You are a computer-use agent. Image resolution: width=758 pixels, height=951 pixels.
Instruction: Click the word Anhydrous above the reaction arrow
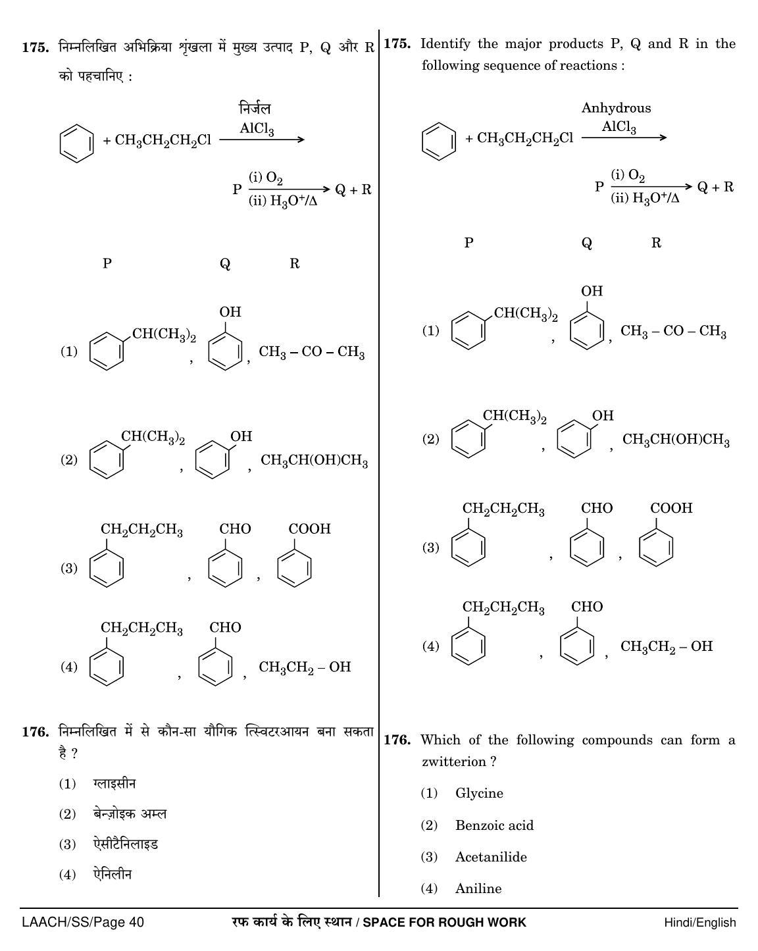[x=616, y=109]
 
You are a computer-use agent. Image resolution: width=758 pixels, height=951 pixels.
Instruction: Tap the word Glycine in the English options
[x=479, y=793]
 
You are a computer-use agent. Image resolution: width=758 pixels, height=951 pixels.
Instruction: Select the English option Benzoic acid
[x=495, y=825]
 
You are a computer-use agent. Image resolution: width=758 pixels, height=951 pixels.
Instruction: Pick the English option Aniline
[x=478, y=888]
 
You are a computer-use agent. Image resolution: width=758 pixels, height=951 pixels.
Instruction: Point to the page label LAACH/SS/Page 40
[x=83, y=922]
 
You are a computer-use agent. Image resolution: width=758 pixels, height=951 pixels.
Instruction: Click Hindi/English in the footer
[x=699, y=922]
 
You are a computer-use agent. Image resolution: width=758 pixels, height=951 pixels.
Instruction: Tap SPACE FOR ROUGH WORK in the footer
[x=444, y=922]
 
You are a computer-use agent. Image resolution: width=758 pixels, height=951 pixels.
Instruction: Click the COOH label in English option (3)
[x=671, y=508]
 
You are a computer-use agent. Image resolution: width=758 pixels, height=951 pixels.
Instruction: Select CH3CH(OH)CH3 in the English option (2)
[x=676, y=440]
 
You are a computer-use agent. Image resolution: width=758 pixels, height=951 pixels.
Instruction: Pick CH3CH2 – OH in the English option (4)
[x=667, y=646]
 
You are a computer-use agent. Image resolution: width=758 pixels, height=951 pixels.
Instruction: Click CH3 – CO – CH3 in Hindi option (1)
[x=312, y=352]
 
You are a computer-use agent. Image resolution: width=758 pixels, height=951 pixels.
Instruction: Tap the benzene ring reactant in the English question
[x=438, y=141]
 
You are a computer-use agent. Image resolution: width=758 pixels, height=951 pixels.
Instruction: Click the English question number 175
[x=397, y=43]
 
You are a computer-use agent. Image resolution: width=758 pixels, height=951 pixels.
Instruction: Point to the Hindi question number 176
[x=36, y=733]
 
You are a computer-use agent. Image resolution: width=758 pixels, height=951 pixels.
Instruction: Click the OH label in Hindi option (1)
[x=230, y=312]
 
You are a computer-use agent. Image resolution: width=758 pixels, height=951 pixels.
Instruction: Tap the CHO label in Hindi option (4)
[x=225, y=627]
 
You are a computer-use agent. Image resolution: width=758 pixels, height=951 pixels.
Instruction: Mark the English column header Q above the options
[x=586, y=243]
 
